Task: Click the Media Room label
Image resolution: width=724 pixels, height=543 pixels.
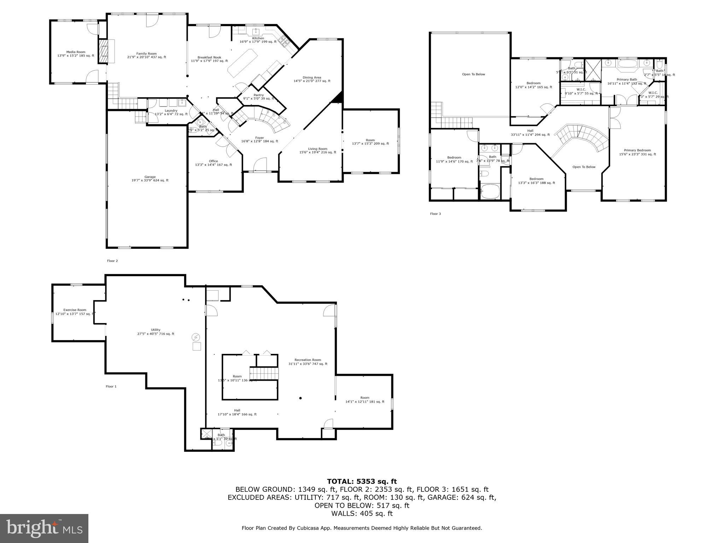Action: pos(76,52)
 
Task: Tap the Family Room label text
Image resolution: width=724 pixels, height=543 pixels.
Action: pos(146,54)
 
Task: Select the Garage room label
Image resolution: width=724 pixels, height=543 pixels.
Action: pos(150,177)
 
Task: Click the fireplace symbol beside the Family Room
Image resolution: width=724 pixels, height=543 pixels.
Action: pos(104,52)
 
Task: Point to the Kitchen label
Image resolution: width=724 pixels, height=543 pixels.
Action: pos(258,38)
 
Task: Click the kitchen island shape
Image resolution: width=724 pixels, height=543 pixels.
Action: pos(242,63)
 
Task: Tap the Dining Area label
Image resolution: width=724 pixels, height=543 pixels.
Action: pos(312,77)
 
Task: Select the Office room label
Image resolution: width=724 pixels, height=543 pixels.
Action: pos(213,161)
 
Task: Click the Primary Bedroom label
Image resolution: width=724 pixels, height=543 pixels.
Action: pos(637,150)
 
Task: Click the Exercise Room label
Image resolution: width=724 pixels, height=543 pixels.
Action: pos(75,310)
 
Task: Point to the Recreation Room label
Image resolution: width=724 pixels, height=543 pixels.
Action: pos(308,360)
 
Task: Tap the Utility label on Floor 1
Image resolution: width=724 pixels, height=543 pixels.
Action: pos(156,330)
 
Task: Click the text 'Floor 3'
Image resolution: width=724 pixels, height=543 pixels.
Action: pos(435,214)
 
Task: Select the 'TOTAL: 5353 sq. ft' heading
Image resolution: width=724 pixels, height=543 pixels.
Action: pos(362,481)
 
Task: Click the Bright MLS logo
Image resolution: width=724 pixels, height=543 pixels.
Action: pos(44,528)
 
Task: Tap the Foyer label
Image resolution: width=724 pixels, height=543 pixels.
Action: pos(259,138)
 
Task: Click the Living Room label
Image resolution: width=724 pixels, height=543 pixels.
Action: pos(317,149)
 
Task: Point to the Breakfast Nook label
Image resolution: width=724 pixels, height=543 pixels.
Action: pos(209,57)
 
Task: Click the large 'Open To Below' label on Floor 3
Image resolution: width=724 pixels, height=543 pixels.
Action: pos(473,74)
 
